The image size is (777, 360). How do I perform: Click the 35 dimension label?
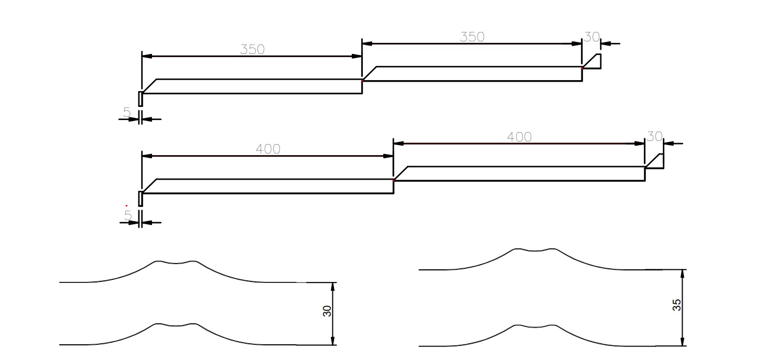click(677, 305)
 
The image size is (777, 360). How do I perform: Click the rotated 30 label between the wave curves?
click(327, 311)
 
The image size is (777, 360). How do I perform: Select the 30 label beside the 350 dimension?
click(592, 37)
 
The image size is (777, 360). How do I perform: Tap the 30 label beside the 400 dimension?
click(654, 137)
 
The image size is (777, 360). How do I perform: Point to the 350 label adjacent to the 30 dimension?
click(472, 37)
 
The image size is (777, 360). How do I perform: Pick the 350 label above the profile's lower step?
click(252, 50)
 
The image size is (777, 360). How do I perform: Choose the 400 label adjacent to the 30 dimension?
click(519, 137)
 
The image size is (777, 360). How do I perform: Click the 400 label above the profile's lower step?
click(268, 149)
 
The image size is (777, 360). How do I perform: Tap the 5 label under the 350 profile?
click(127, 112)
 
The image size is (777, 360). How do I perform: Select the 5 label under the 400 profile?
click(128, 216)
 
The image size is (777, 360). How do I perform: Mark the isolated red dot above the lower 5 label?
click(126, 205)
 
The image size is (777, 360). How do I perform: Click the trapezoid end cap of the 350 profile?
click(592, 62)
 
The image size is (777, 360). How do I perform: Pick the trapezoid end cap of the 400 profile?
click(654, 161)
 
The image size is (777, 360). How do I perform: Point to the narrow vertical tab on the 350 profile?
click(141, 99)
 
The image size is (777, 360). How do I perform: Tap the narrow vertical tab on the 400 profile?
click(141, 199)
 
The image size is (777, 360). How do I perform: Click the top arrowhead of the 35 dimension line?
click(683, 274)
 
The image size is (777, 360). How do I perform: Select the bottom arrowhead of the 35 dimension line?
click(683, 341)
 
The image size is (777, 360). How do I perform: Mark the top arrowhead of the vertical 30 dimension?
click(332, 287)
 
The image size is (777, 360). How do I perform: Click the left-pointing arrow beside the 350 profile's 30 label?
click(610, 43)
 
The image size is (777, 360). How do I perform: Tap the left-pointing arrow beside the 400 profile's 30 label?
click(673, 143)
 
